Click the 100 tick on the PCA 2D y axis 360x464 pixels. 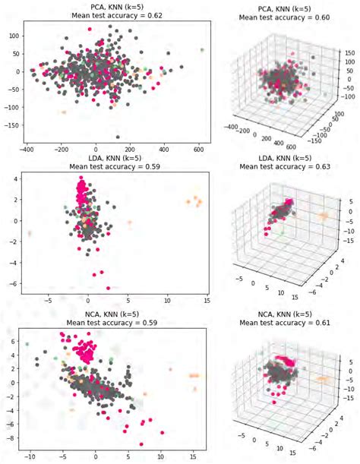click(x=14, y=36)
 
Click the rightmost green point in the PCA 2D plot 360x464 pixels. click(x=202, y=50)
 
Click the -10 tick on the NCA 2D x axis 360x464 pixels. click(x=29, y=458)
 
